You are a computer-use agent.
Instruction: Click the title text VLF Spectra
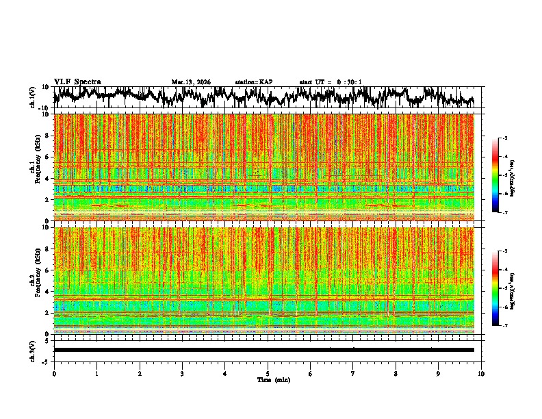click(x=77, y=81)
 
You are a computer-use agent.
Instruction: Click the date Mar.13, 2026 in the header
click(x=191, y=82)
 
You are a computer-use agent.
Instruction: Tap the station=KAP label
click(x=253, y=82)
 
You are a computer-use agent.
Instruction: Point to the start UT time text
click(x=331, y=82)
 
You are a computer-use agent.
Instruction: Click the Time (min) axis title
click(x=273, y=379)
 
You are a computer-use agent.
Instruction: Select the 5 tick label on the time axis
click(x=268, y=373)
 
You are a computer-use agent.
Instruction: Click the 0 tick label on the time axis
click(x=54, y=373)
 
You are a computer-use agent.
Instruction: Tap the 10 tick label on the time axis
click(x=481, y=373)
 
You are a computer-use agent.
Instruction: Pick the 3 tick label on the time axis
click(x=182, y=373)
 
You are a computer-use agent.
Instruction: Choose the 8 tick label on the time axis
click(x=396, y=373)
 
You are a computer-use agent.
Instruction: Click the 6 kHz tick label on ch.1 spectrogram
click(x=47, y=157)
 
